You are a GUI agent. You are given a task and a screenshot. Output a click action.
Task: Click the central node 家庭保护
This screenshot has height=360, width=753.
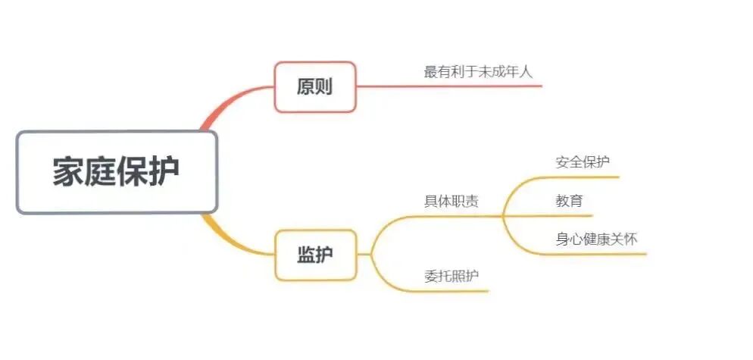[x=117, y=172]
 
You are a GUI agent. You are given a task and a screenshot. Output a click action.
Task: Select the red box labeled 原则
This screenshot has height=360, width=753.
[x=314, y=87]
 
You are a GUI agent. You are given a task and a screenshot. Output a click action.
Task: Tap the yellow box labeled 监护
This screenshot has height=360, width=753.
[x=314, y=255]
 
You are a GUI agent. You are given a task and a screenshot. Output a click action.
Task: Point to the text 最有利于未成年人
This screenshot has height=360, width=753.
[x=479, y=72]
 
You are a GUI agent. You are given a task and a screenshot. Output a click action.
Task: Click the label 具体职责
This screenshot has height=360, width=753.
[x=451, y=202]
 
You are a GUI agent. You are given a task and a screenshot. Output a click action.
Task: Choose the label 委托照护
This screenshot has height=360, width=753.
[x=451, y=276]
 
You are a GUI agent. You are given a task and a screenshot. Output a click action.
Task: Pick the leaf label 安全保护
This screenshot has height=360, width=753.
[x=583, y=162]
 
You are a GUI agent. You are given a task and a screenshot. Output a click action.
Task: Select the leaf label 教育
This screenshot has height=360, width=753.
[x=569, y=202]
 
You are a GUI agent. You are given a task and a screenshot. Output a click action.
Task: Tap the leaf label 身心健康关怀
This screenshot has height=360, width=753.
[x=596, y=239]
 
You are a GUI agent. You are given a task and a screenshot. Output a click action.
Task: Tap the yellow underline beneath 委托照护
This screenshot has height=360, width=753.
[x=455, y=291]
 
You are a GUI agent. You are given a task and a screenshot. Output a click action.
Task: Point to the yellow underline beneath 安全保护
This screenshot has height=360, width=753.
[x=583, y=177]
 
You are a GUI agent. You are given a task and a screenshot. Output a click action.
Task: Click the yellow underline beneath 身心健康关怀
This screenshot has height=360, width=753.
[x=598, y=254]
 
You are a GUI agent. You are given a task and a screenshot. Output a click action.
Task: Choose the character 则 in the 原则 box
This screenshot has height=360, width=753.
[x=324, y=87]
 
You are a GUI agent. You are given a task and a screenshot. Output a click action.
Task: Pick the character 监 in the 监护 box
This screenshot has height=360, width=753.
[x=305, y=255]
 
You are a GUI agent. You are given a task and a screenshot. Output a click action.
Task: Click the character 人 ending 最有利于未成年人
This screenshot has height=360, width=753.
[x=527, y=72]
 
